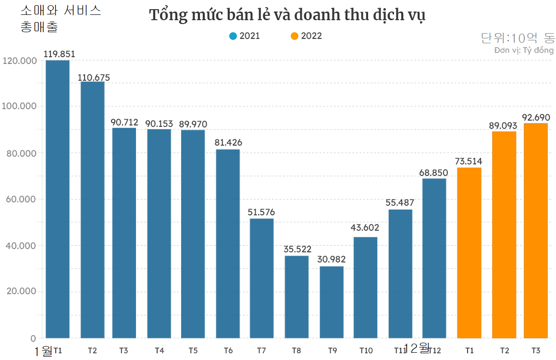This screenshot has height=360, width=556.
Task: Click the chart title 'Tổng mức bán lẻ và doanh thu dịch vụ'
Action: (x=287, y=15)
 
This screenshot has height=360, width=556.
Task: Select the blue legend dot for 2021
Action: (x=233, y=36)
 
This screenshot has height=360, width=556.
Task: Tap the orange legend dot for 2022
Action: (x=295, y=36)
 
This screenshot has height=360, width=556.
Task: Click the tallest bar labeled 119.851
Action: (x=58, y=199)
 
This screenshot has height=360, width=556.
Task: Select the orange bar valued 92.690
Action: (x=536, y=231)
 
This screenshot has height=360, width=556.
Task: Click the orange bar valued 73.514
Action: (x=469, y=253)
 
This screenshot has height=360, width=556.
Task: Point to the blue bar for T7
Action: (x=261, y=278)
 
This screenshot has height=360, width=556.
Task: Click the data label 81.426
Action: (x=228, y=142)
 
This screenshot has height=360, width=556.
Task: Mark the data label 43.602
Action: (x=365, y=228)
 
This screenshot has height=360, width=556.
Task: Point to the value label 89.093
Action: (x=503, y=126)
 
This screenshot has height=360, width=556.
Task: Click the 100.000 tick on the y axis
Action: (x=20, y=106)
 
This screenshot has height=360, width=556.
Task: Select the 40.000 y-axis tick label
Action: (x=20, y=246)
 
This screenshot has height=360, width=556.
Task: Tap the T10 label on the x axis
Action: (x=366, y=350)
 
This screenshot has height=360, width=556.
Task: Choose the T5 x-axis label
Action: (x=193, y=350)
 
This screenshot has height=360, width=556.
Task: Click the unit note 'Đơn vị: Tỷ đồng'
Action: (x=524, y=50)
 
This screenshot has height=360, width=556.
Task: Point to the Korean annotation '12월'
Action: (x=417, y=348)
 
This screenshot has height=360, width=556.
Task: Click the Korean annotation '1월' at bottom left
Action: (x=43, y=351)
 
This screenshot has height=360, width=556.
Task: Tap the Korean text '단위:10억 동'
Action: (x=518, y=38)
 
